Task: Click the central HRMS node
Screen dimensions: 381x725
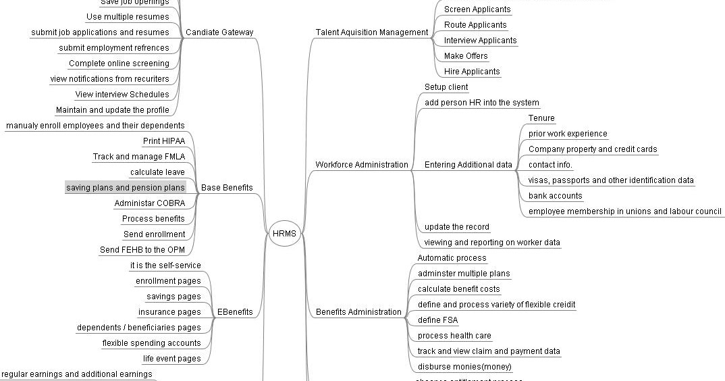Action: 284,234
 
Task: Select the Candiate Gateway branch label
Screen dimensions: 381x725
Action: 219,32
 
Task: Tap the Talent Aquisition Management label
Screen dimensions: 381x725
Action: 371,32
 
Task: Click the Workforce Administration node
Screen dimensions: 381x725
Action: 362,164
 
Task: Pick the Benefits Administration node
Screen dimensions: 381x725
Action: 358,312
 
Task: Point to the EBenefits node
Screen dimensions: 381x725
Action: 235,312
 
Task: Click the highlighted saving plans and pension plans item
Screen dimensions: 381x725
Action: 125,187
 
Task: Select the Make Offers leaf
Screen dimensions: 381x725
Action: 466,56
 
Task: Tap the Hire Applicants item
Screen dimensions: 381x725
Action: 472,72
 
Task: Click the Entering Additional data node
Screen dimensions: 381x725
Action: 468,164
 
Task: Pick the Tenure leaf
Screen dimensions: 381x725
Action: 541,118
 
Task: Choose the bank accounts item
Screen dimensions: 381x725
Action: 555,196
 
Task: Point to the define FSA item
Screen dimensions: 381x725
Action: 437,320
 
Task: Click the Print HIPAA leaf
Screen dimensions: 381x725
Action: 163,141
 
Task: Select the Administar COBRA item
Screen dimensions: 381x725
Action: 149,203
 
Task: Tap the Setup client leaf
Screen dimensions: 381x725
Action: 446,87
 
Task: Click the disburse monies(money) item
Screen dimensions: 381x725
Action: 464,367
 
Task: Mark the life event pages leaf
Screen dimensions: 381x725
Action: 171,359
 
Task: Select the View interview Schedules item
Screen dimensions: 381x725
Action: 122,95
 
